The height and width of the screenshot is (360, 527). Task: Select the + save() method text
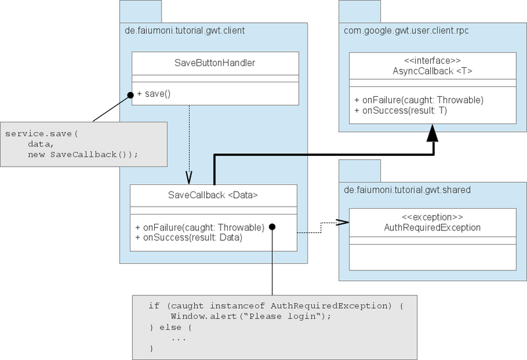[153, 94]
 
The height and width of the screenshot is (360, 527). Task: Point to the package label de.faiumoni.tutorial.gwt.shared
[407, 190]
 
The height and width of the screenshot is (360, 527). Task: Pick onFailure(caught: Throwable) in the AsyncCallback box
[419, 100]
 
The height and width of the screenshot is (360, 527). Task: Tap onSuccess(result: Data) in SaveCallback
[188, 237]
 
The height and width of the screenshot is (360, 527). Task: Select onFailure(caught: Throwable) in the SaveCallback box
[200, 226]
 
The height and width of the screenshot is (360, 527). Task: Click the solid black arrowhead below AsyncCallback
[431, 135]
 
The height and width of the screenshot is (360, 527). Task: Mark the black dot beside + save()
[130, 95]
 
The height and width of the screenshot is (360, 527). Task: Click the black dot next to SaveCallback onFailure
[271, 227]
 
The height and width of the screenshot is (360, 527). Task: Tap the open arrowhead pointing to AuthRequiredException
[342, 223]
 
